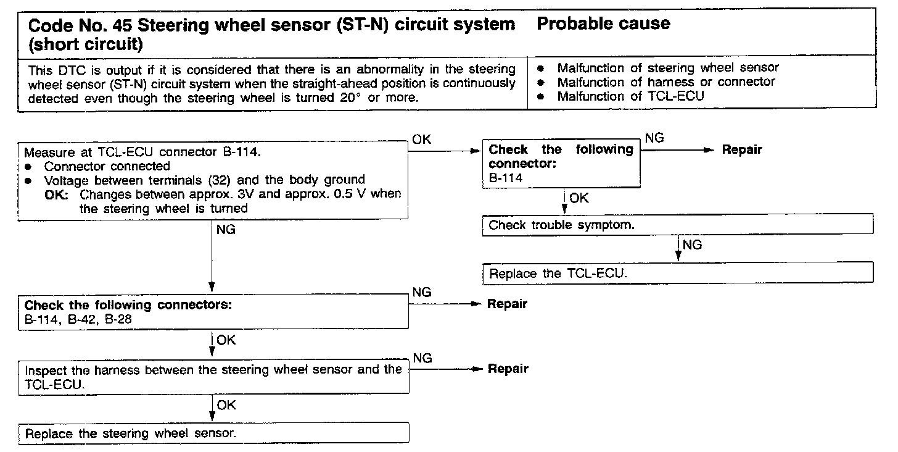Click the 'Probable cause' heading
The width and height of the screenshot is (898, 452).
[603, 24]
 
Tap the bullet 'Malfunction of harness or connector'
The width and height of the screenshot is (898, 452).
[665, 82]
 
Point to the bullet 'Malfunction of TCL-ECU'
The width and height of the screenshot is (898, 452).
[630, 96]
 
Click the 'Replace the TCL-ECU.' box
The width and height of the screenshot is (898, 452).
[677, 273]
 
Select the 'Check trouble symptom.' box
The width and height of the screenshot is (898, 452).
[677, 225]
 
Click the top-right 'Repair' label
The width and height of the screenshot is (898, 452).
[742, 149]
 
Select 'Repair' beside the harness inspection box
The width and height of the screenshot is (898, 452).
[508, 369]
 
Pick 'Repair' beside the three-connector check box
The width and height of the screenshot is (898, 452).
[508, 304]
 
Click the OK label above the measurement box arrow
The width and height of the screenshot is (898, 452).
[422, 140]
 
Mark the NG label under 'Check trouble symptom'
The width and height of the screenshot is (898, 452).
[693, 245]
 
